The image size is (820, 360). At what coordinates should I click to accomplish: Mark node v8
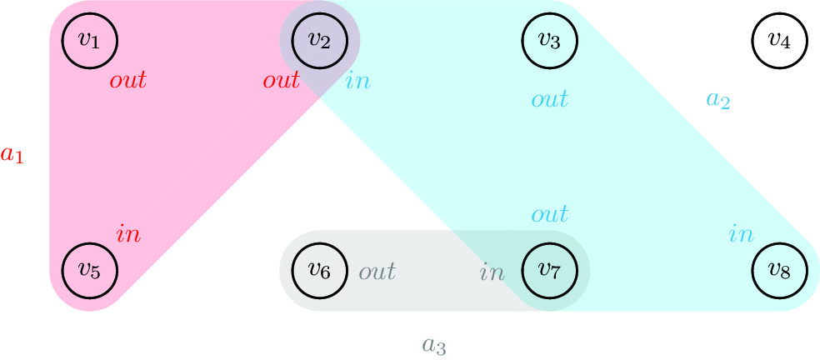click(x=778, y=270)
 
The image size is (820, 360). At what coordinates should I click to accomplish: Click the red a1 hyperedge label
click(x=12, y=155)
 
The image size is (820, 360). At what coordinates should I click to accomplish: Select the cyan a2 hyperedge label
click(x=717, y=100)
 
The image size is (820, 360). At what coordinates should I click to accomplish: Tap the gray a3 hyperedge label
click(x=434, y=344)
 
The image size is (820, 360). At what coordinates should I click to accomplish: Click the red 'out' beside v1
click(x=127, y=81)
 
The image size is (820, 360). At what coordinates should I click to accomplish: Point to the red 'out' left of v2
click(x=281, y=81)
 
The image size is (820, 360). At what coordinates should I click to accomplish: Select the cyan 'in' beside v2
click(x=358, y=81)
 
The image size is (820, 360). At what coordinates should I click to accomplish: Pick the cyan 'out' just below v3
click(x=550, y=100)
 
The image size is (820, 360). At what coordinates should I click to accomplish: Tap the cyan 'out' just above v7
click(x=550, y=214)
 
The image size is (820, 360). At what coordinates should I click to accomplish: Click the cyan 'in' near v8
click(x=742, y=233)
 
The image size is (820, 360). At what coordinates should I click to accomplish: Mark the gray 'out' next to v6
click(x=377, y=272)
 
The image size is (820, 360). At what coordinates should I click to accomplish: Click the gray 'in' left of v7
click(x=492, y=272)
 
